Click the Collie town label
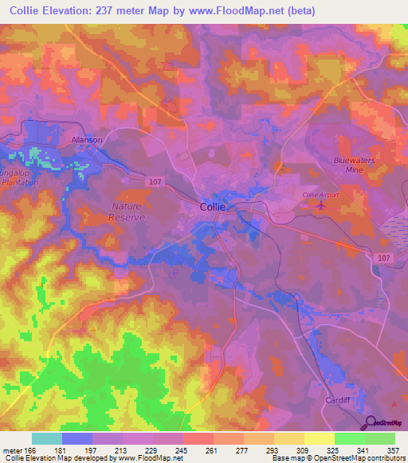click(x=213, y=206)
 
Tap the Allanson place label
click(x=88, y=139)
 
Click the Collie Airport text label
click(x=320, y=194)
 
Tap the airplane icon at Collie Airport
click(x=321, y=206)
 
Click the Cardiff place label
click(x=339, y=399)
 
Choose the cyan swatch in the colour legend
click(x=47, y=438)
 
